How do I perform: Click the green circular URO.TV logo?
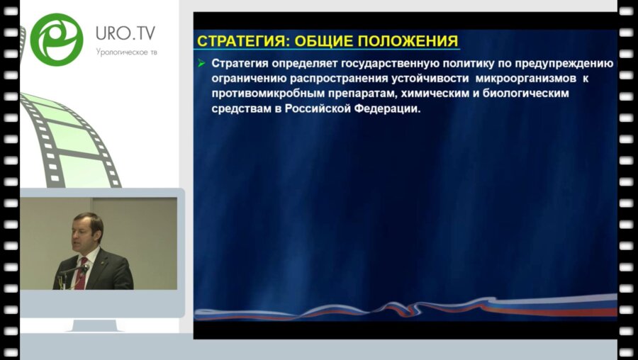[x=57, y=40]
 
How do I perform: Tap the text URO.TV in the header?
[x=125, y=33]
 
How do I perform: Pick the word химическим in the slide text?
[x=420, y=94]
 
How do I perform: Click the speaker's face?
[x=87, y=232]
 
